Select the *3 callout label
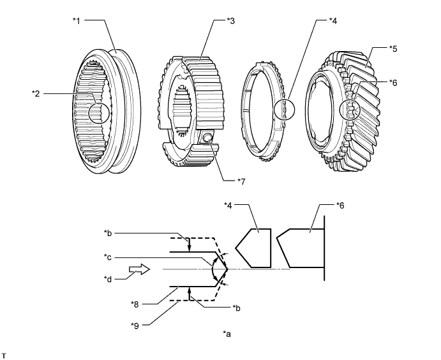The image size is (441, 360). point(231,20)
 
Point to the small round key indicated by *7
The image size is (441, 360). point(207,138)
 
